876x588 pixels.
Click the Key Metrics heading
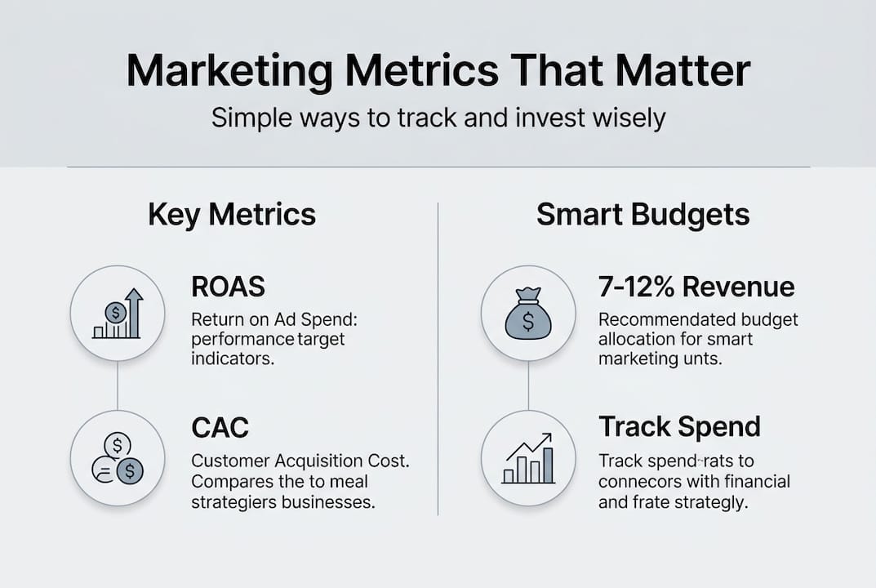232,215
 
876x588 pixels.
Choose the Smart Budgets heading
643,215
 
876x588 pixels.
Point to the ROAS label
229,287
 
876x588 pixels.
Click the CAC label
219,426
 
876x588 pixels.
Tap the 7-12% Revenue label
696,287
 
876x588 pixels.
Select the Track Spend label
679,426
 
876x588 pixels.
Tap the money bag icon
528,314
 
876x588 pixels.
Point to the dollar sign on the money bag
528,322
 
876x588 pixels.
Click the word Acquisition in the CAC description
305,461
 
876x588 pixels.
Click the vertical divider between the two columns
438,359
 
